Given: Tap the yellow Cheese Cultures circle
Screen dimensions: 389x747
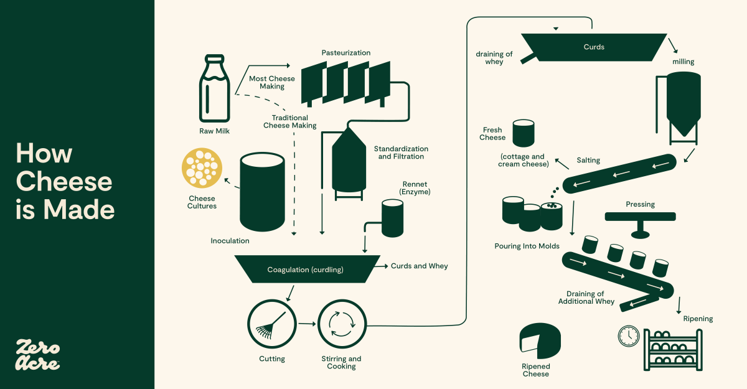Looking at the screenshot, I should pyautogui.click(x=202, y=169).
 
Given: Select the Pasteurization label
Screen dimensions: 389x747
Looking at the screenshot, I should pyautogui.click(x=346, y=53).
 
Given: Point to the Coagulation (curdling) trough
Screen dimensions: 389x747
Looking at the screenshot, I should pyautogui.click(x=306, y=269).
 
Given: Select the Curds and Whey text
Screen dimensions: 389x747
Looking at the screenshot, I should pyautogui.click(x=419, y=266).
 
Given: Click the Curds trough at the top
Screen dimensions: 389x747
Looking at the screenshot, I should pyautogui.click(x=593, y=47).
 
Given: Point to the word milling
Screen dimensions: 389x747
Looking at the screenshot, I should pyautogui.click(x=683, y=62).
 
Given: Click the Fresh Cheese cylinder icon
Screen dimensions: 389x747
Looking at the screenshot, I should pyautogui.click(x=523, y=133).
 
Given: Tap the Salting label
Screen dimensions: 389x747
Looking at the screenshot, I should pyautogui.click(x=588, y=161).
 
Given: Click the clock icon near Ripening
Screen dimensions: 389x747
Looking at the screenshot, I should pyautogui.click(x=629, y=336).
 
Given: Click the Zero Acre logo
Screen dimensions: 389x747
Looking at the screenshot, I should pyautogui.click(x=37, y=355).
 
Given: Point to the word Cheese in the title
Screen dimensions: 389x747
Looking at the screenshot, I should pyautogui.click(x=64, y=182).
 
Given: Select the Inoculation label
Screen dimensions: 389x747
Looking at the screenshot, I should pyautogui.click(x=230, y=241).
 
